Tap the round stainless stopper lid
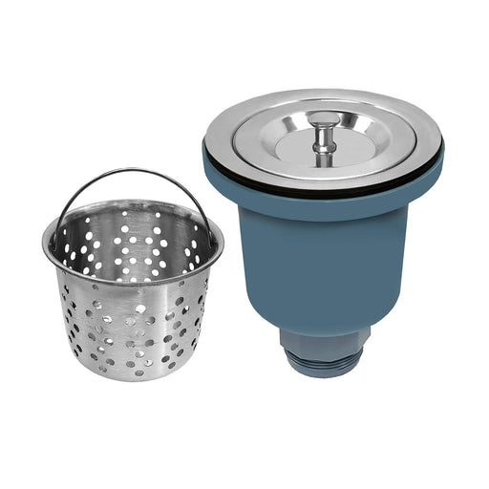pyautogui.click(x=287, y=143)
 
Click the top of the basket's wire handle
pyautogui.click(x=134, y=172)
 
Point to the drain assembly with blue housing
pyautogui.click(x=325, y=229)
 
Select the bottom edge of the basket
pyautogui.click(x=134, y=377)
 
